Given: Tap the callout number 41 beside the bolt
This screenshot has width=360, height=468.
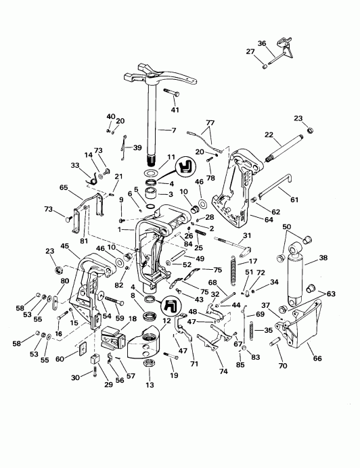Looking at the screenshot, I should click(x=175, y=110).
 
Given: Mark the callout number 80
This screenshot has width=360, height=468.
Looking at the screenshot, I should click(x=65, y=281).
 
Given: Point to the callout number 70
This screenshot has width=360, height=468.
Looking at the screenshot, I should click(x=282, y=366).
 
